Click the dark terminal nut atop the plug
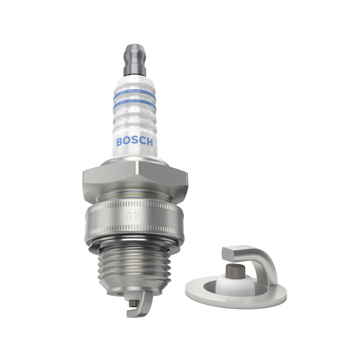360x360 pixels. coord(134,58)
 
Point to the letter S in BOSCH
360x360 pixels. coord(135,142)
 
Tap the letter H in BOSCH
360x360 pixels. coord(149,142)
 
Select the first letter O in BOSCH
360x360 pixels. coord(127,142)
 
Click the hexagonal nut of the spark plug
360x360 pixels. coord(134,178)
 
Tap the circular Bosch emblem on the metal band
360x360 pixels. coord(133,215)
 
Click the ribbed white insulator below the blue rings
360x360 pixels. coord(134,123)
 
